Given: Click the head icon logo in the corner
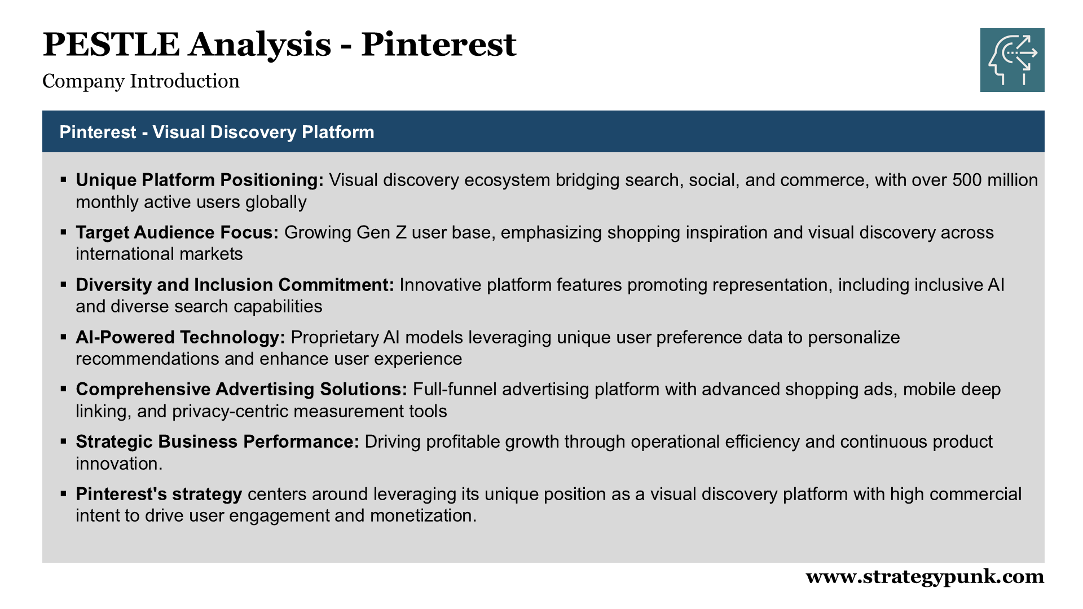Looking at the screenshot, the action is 1012,60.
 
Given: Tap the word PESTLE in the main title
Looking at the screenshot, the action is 111,45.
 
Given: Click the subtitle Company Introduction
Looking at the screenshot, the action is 141,81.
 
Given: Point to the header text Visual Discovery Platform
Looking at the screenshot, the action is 263,132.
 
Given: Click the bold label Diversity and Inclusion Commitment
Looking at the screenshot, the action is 235,285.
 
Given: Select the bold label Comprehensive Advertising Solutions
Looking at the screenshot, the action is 241,389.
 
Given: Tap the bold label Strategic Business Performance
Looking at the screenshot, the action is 218,442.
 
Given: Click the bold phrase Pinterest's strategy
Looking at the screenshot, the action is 159,494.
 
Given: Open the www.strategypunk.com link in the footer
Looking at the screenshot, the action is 924,577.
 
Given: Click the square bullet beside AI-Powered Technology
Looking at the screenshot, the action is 64,337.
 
